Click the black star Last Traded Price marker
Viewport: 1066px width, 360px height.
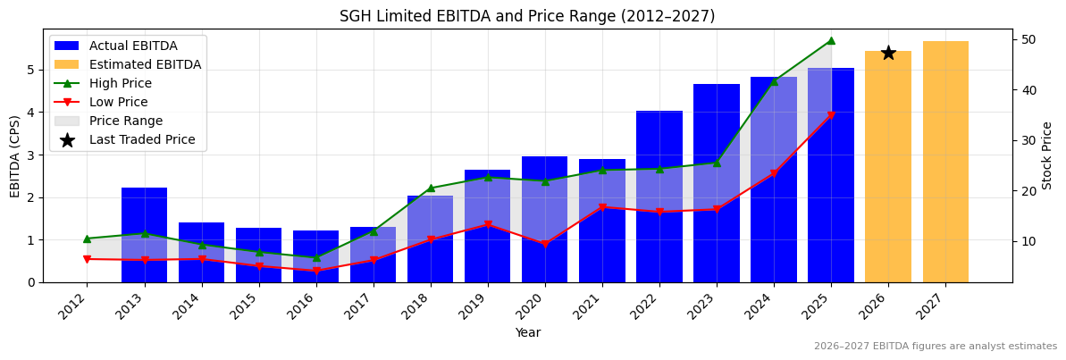pos(888,53)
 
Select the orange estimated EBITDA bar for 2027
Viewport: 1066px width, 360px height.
pos(945,162)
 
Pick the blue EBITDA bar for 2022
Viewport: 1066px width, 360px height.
pos(659,197)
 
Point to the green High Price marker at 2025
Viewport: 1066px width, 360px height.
pos(831,40)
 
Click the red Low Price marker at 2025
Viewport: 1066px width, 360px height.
pos(831,115)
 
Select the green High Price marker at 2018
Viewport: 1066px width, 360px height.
pos(431,188)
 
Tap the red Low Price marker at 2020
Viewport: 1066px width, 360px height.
pos(545,244)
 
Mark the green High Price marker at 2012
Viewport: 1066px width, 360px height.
pos(87,239)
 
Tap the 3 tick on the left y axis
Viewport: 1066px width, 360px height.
pos(30,155)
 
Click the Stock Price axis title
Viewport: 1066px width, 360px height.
pos(1047,155)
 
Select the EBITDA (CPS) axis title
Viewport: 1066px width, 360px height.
pos(15,155)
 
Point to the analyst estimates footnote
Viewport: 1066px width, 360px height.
pos(935,347)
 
